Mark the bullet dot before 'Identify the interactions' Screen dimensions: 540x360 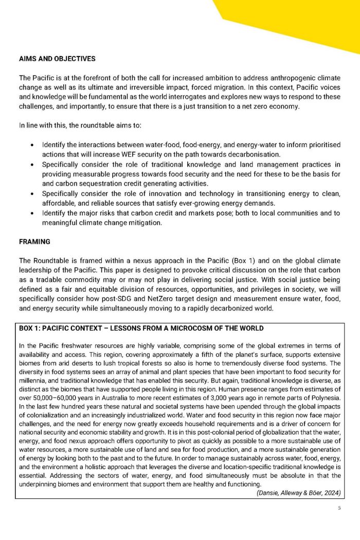(32, 146)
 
